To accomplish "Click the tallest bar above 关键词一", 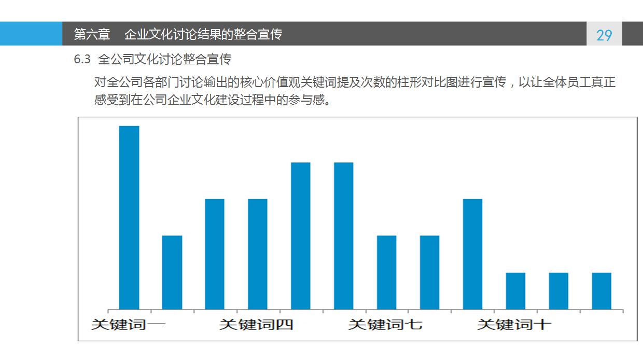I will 129,218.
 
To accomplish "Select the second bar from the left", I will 172,273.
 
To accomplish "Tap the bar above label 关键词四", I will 258,254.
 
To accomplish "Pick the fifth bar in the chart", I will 301,236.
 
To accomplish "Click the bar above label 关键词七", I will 386,273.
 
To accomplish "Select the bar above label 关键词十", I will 515,291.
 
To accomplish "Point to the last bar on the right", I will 602,291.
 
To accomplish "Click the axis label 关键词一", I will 128,325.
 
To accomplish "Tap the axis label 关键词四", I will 256,325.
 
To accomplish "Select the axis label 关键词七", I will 385,325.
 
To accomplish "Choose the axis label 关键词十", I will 514,325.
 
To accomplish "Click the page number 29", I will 604,35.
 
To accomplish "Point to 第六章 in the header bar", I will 92,35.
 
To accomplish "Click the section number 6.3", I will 82,60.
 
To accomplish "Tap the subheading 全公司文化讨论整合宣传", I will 164,60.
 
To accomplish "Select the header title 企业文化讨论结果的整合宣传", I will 203,35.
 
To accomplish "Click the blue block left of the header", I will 31,34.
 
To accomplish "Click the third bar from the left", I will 215,254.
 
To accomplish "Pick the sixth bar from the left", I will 343,236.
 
